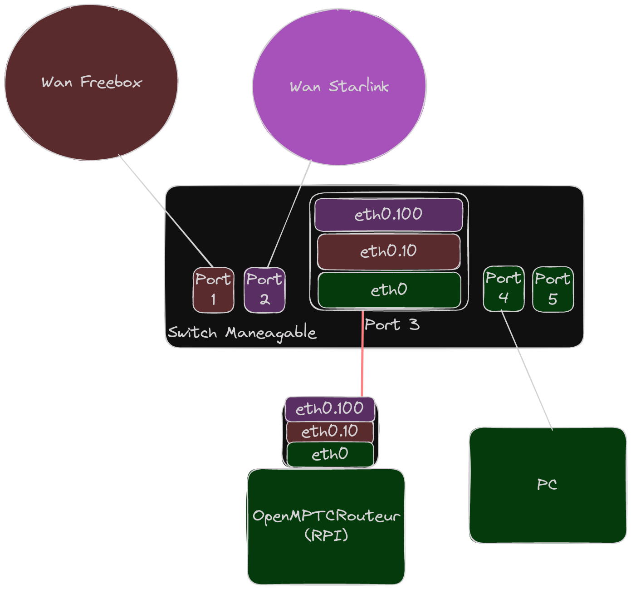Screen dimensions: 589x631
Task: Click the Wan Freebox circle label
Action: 92,82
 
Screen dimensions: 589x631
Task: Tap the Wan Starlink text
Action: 339,86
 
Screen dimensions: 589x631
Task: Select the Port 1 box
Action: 213,290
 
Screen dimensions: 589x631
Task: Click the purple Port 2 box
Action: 264,290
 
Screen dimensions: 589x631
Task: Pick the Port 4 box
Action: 504,289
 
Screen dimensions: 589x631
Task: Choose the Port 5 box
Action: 553,289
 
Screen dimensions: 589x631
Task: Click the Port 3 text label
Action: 392,324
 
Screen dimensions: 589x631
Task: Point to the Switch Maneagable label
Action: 242,333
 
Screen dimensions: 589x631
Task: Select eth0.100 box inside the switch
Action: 388,214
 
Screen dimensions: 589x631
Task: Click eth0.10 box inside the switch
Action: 388,251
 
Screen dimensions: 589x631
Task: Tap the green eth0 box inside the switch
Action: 389,290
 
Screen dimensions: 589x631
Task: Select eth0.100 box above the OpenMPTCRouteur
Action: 330,409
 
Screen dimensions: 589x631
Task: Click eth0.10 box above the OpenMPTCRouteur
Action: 330,431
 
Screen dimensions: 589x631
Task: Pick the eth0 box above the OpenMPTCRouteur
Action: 330,454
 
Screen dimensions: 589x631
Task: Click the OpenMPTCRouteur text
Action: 326,516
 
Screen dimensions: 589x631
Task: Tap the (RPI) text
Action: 326,535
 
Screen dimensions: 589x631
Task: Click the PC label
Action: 547,485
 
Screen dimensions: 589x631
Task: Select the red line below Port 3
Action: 362,354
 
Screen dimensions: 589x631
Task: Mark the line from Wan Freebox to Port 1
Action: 166,211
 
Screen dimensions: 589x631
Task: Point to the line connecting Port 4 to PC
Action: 527,370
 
